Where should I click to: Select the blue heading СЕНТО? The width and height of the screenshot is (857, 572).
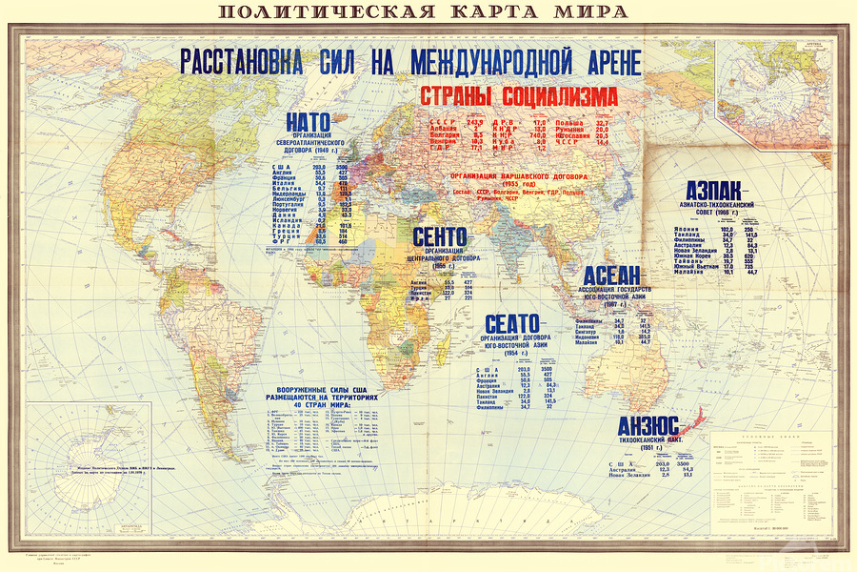[440, 235]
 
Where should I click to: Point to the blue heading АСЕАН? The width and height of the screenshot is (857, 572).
[618, 274]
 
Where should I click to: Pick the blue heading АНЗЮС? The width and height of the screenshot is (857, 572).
[648, 426]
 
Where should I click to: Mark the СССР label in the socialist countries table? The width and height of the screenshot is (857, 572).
[440, 123]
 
